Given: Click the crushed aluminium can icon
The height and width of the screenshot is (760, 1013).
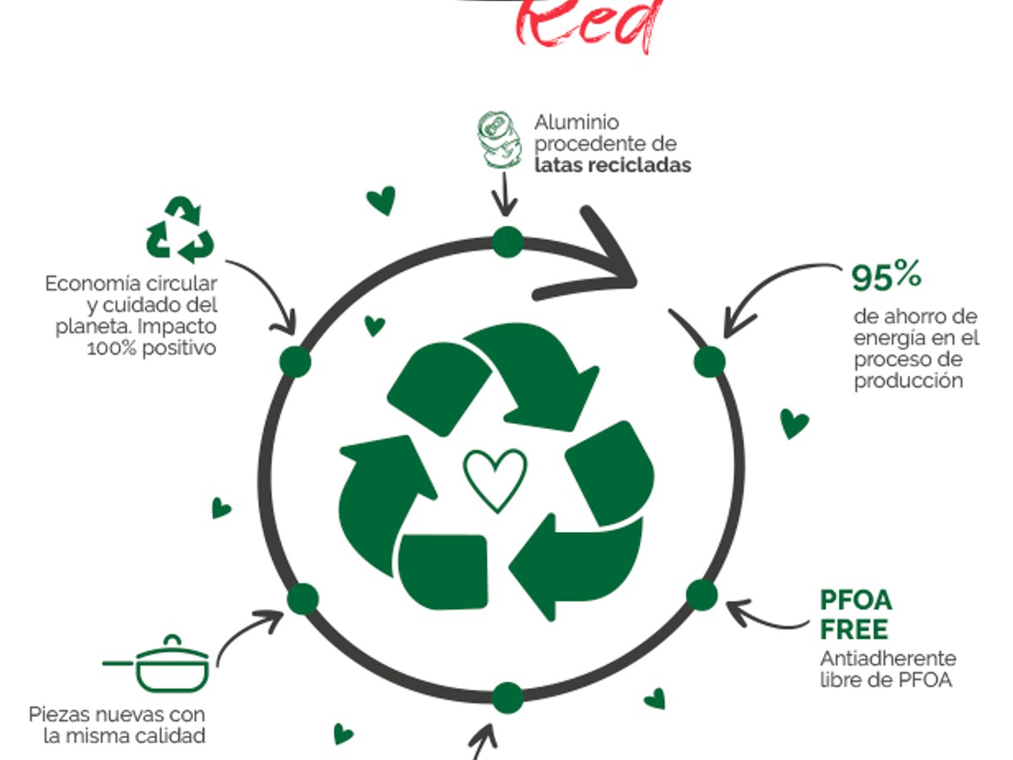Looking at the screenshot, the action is pyautogui.click(x=500, y=139).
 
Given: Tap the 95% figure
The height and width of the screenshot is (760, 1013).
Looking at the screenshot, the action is pyautogui.click(x=886, y=276).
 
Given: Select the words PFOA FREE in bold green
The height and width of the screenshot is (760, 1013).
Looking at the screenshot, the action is pyautogui.click(x=856, y=615).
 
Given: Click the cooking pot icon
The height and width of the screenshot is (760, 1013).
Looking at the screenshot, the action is pyautogui.click(x=156, y=664).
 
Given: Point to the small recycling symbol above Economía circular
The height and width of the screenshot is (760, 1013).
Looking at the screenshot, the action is pyautogui.click(x=180, y=230).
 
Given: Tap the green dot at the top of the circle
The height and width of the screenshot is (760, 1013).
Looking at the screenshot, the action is pyautogui.click(x=507, y=242).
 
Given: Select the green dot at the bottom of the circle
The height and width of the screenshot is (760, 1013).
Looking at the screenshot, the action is pyautogui.click(x=507, y=698).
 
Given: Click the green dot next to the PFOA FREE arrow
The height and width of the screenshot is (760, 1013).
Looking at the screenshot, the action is pyautogui.click(x=702, y=594).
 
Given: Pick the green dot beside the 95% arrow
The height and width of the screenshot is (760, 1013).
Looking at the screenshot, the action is pyautogui.click(x=709, y=361).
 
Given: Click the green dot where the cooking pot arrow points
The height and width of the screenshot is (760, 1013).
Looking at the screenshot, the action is pyautogui.click(x=303, y=599).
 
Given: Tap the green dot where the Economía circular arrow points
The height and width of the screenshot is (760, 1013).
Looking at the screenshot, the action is pyautogui.click(x=295, y=361).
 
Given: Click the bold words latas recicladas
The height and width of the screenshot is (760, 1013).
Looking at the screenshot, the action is pyautogui.click(x=612, y=165).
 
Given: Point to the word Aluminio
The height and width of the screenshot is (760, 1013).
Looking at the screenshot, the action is pyautogui.click(x=577, y=122).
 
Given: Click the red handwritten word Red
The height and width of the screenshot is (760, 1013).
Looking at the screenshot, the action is pyautogui.click(x=588, y=23).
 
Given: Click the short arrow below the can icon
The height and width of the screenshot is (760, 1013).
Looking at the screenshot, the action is pyautogui.click(x=505, y=194).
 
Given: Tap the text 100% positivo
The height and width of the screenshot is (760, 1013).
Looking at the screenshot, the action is pyautogui.click(x=152, y=349).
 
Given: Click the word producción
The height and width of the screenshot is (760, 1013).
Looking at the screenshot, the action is pyautogui.click(x=908, y=381).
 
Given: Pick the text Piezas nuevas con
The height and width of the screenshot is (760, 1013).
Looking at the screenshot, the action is pyautogui.click(x=116, y=714).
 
